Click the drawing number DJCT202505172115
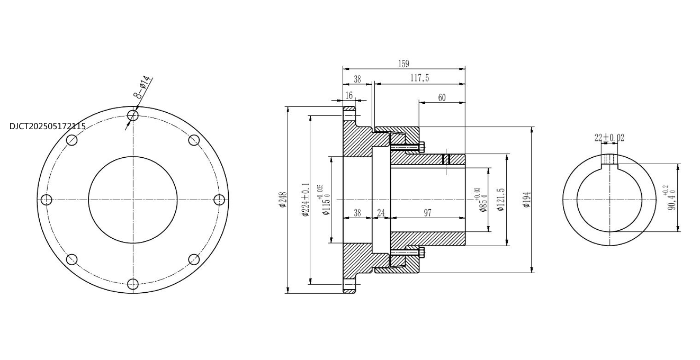(x=48, y=127)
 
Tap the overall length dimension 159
(x=404, y=64)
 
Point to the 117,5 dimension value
(x=419, y=78)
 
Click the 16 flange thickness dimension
(x=349, y=95)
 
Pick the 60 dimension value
(x=442, y=98)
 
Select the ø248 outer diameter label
(x=283, y=200)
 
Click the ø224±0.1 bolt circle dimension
(x=306, y=200)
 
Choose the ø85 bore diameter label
(x=481, y=200)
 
